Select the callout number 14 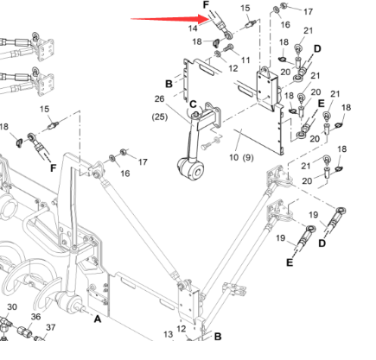tap(194, 29)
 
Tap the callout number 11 tap(245, 59)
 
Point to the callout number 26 tap(159, 100)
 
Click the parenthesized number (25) tap(160, 116)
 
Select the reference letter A tap(98, 319)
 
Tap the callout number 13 tap(167, 333)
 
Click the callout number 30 tap(12, 306)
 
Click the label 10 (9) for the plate tap(239, 159)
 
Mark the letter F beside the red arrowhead tap(206, 5)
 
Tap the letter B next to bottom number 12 tap(219, 335)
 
